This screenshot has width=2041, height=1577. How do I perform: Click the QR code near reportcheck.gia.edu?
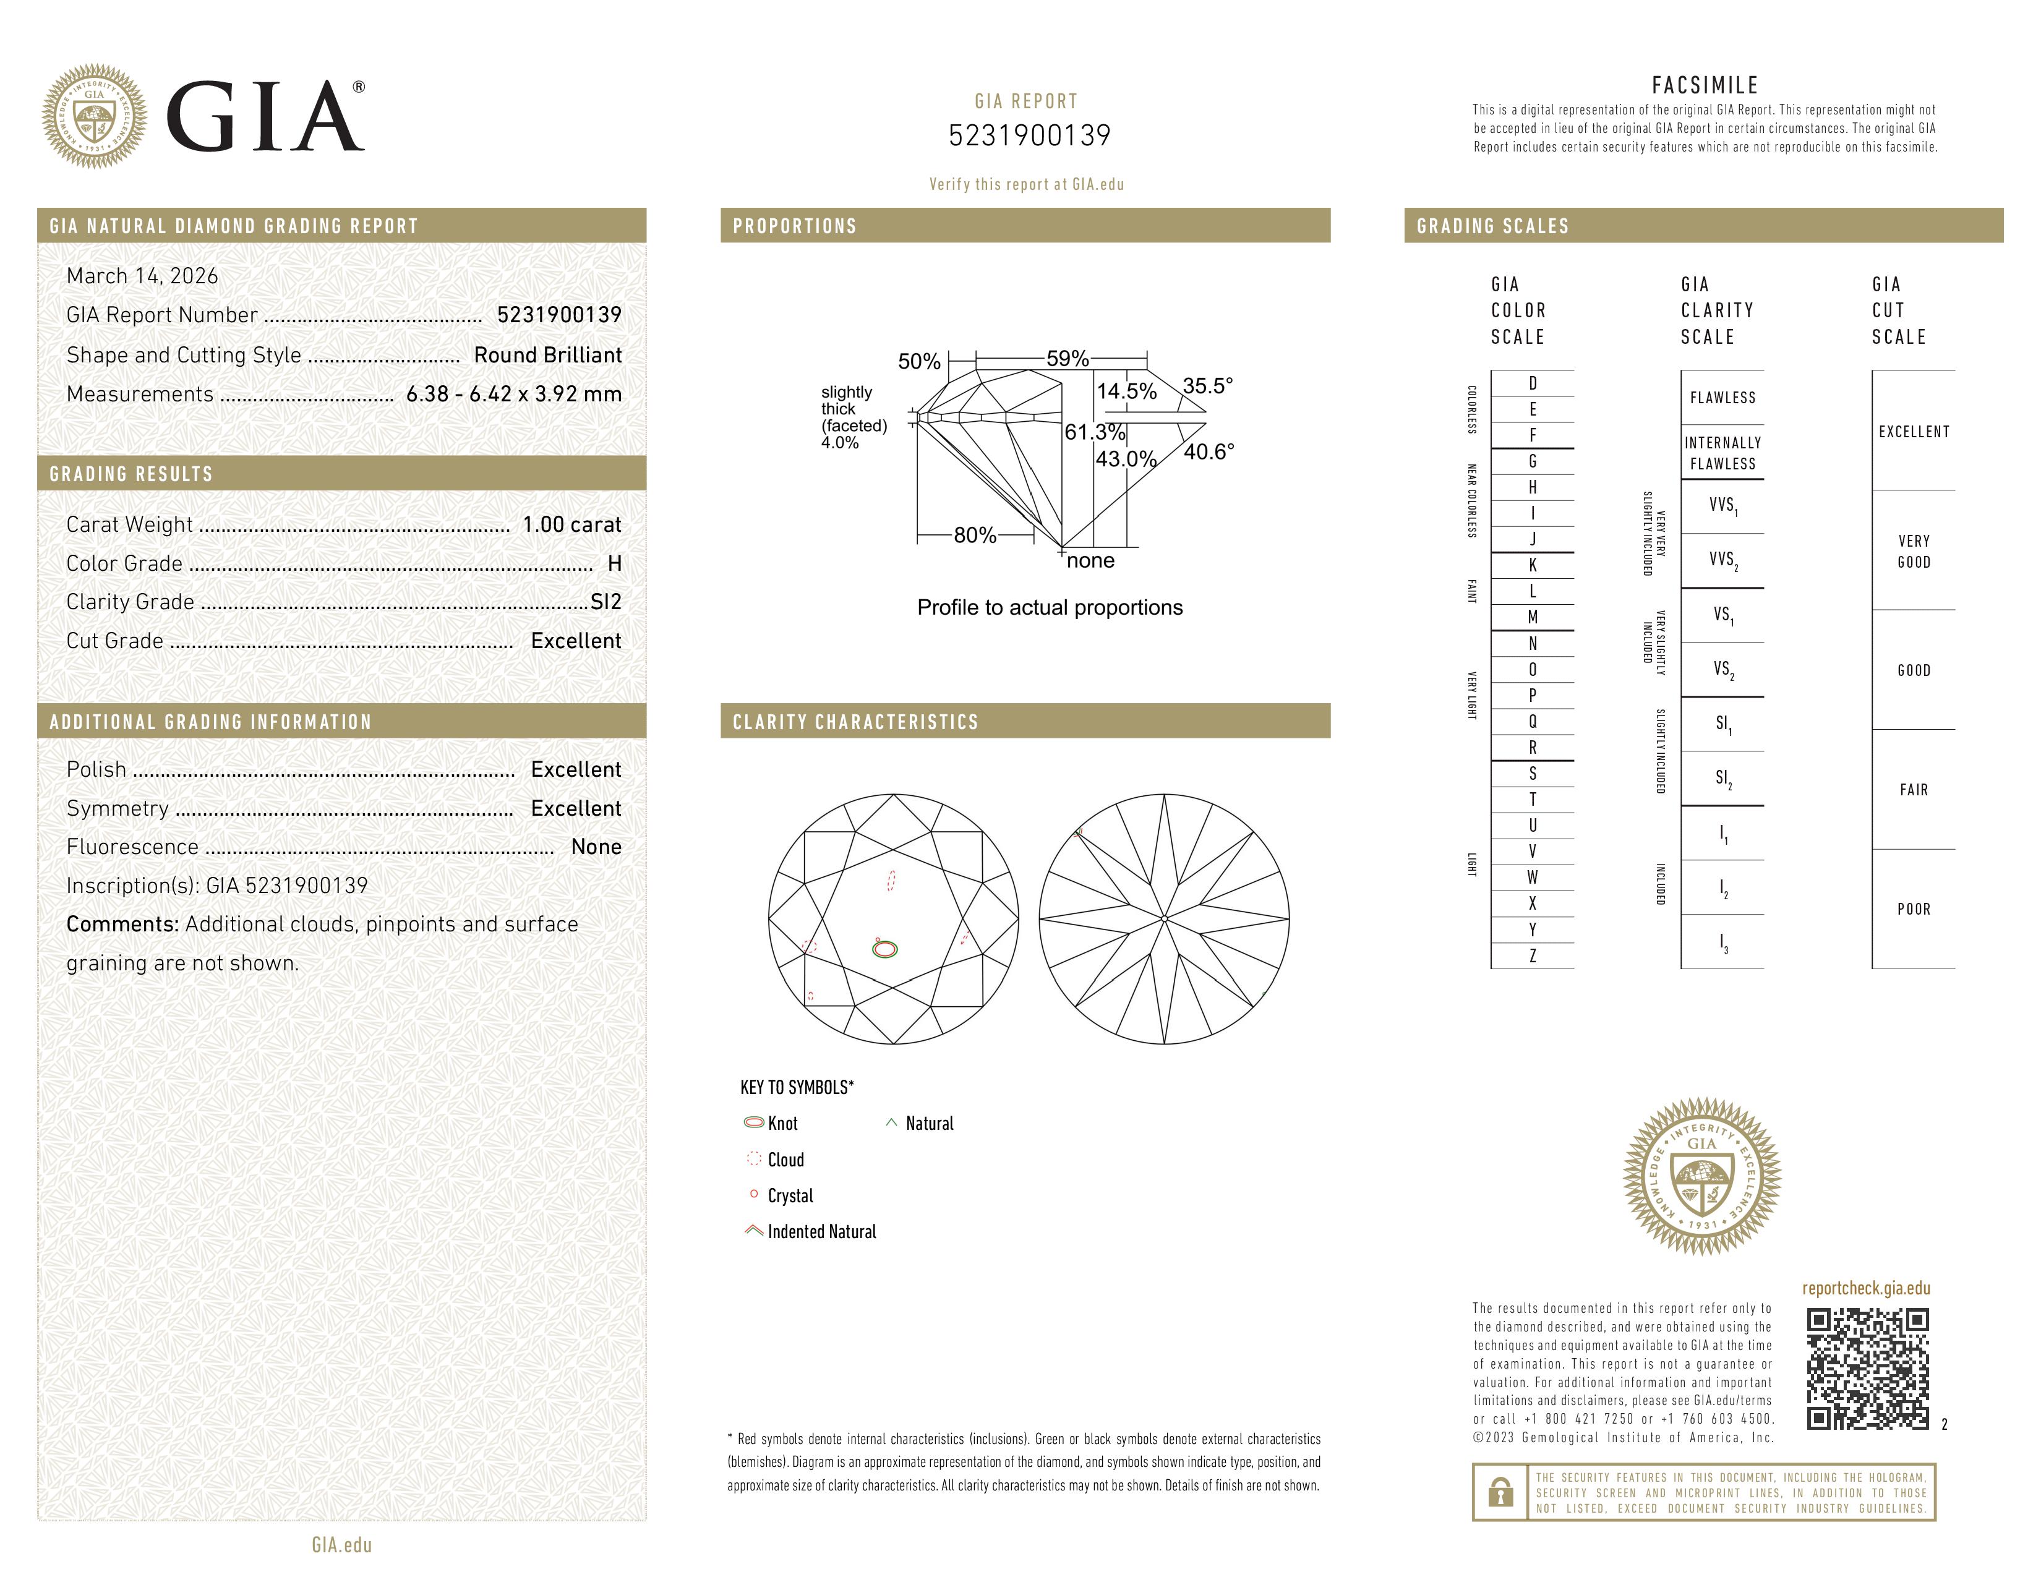(x=1867, y=1369)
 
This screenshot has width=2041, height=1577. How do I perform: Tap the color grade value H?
(x=614, y=563)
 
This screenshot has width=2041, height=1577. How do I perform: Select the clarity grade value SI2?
(x=605, y=602)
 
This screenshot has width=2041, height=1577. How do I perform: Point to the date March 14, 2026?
(x=142, y=276)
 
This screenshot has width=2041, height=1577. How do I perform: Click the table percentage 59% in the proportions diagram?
(x=1068, y=359)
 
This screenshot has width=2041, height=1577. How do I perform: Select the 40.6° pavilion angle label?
(x=1209, y=452)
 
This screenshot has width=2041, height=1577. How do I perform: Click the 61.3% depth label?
(x=1094, y=432)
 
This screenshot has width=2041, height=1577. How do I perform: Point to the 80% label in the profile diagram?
(x=975, y=536)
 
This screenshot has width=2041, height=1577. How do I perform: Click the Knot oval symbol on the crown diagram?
(x=884, y=950)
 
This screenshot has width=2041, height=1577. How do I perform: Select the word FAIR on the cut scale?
(x=1913, y=790)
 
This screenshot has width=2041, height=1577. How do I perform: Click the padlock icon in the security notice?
(x=1500, y=1492)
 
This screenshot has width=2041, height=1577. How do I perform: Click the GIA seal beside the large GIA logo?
(x=93, y=117)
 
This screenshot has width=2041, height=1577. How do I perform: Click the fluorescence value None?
(x=595, y=847)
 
